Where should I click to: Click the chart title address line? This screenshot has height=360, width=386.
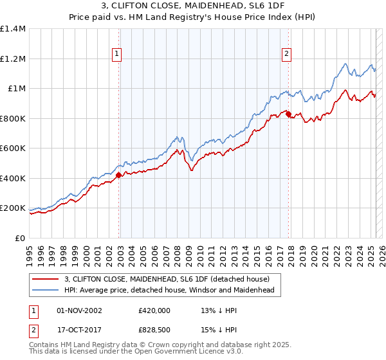[193, 6]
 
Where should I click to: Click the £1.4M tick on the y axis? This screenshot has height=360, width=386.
[13, 29]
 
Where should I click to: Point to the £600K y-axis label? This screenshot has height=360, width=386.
[13, 148]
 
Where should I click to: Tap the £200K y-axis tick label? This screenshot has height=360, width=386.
[13, 208]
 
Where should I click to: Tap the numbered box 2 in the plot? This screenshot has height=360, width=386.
[286, 55]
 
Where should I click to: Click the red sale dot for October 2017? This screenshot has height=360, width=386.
[289, 115]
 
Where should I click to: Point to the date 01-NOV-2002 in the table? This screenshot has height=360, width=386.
[80, 310]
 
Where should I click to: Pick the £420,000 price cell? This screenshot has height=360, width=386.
[154, 310]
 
